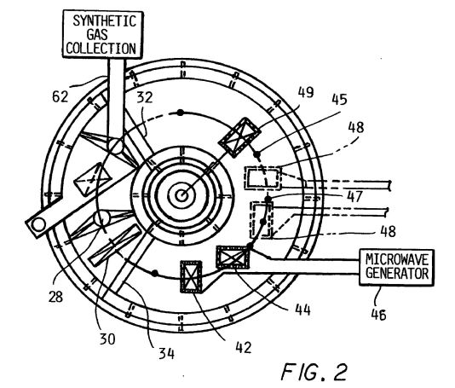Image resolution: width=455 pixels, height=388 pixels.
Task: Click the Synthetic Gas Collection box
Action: tap(103, 34)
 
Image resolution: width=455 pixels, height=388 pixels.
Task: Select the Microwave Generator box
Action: tap(397, 267)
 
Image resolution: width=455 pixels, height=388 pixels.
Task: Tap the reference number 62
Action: tap(60, 96)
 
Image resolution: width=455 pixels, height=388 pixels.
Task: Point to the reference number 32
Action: tap(145, 97)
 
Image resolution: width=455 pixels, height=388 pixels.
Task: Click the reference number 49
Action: tap(306, 92)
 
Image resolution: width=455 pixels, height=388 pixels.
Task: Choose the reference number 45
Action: tap(339, 99)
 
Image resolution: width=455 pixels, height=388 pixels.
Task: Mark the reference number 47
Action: tap(354, 196)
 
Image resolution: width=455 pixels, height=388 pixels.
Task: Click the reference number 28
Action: tap(55, 297)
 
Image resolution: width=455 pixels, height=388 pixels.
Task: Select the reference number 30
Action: tap(107, 339)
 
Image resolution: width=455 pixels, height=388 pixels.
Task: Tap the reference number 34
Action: tap(166, 353)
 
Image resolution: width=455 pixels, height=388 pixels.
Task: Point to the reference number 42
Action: tap(244, 347)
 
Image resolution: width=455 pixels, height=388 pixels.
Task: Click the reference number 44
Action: tap(302, 310)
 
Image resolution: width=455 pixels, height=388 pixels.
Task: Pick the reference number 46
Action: tap(378, 314)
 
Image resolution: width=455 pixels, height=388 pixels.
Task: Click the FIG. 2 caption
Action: tap(314, 372)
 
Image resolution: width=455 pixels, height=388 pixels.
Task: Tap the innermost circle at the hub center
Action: tap(182, 195)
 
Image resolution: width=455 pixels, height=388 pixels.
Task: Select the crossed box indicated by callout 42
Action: tap(191, 277)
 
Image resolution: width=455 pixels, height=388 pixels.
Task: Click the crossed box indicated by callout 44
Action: tap(233, 257)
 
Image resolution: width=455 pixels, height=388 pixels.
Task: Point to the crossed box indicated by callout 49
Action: tap(239, 137)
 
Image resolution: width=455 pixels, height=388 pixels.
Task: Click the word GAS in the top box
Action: tap(97, 35)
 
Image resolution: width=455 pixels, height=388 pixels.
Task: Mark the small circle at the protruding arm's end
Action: tap(38, 224)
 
